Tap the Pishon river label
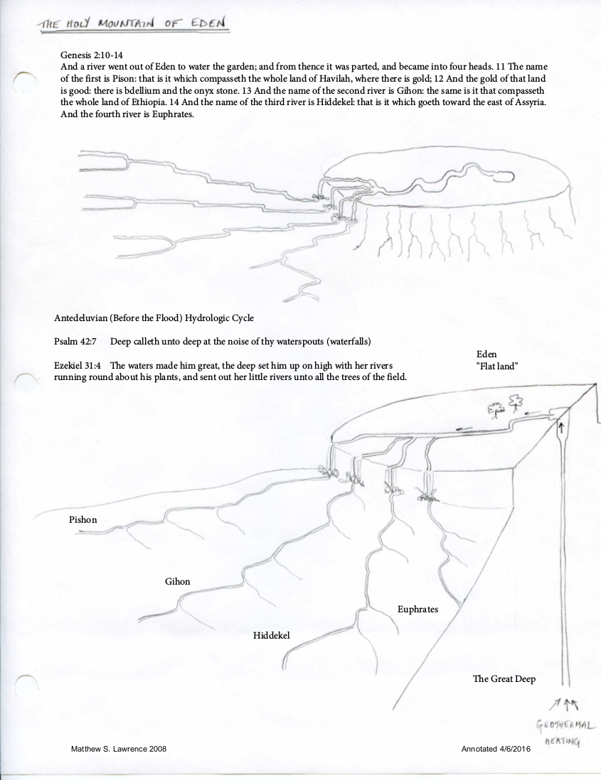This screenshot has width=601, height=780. (83, 520)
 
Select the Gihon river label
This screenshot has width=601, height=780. (177, 581)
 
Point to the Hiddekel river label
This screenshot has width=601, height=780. (272, 634)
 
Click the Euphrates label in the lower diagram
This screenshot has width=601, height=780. (417, 610)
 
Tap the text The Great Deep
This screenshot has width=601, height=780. (504, 679)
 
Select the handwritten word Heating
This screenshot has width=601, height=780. (562, 742)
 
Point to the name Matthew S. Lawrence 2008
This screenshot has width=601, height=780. (119, 749)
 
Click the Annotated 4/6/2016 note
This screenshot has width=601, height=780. (495, 749)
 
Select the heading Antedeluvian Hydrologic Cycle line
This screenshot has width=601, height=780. (154, 317)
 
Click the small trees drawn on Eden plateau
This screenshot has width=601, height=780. (504, 406)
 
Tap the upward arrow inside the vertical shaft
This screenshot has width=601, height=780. (560, 428)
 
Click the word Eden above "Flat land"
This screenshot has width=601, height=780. (487, 354)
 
